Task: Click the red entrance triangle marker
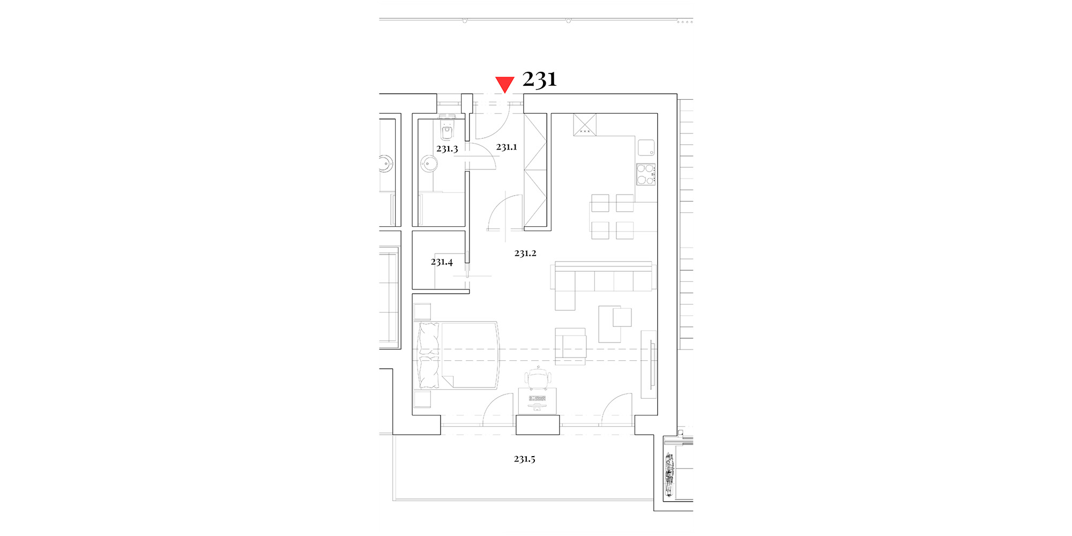pyautogui.click(x=504, y=84)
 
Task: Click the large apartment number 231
pyautogui.click(x=539, y=79)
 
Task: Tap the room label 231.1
pyautogui.click(x=507, y=147)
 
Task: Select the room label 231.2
pyautogui.click(x=525, y=253)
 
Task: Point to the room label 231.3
pyautogui.click(x=447, y=148)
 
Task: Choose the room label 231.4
pyautogui.click(x=442, y=262)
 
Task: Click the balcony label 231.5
pyautogui.click(x=524, y=459)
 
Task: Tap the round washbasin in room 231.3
pyautogui.click(x=429, y=163)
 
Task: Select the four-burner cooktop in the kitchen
pyautogui.click(x=646, y=174)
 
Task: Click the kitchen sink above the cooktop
pyautogui.click(x=646, y=147)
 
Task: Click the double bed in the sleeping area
pyautogui.click(x=458, y=355)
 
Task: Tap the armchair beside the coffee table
pyautogui.click(x=570, y=346)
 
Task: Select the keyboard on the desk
pyautogui.click(x=537, y=398)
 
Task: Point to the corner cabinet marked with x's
pyautogui.click(x=585, y=124)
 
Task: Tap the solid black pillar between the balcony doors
pyautogui.click(x=538, y=425)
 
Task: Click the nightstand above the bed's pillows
pyautogui.click(x=422, y=312)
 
